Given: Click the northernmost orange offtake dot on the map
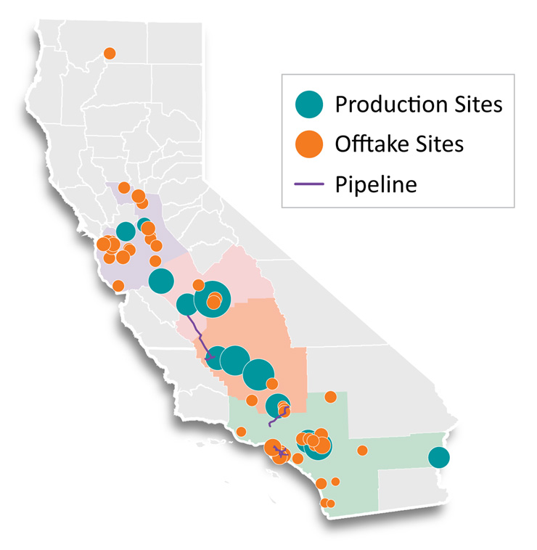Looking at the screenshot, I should click(110, 53).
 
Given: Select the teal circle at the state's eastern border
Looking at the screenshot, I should click(438, 457).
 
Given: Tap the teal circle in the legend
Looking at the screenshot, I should click(311, 104).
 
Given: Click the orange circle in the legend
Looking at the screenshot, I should click(311, 144).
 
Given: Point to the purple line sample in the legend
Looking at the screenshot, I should click(309, 184).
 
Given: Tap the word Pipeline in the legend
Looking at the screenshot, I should click(376, 184).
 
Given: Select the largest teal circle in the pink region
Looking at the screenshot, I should click(213, 297).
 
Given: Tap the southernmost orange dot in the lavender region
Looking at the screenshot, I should click(118, 285).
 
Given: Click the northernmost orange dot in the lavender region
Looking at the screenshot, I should click(124, 187).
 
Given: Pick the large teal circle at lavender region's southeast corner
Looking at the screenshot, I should click(161, 281).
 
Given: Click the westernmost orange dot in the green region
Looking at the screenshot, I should click(241, 432).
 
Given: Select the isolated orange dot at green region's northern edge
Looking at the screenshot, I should click(331, 397).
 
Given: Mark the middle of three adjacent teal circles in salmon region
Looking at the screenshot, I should click(234, 359).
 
